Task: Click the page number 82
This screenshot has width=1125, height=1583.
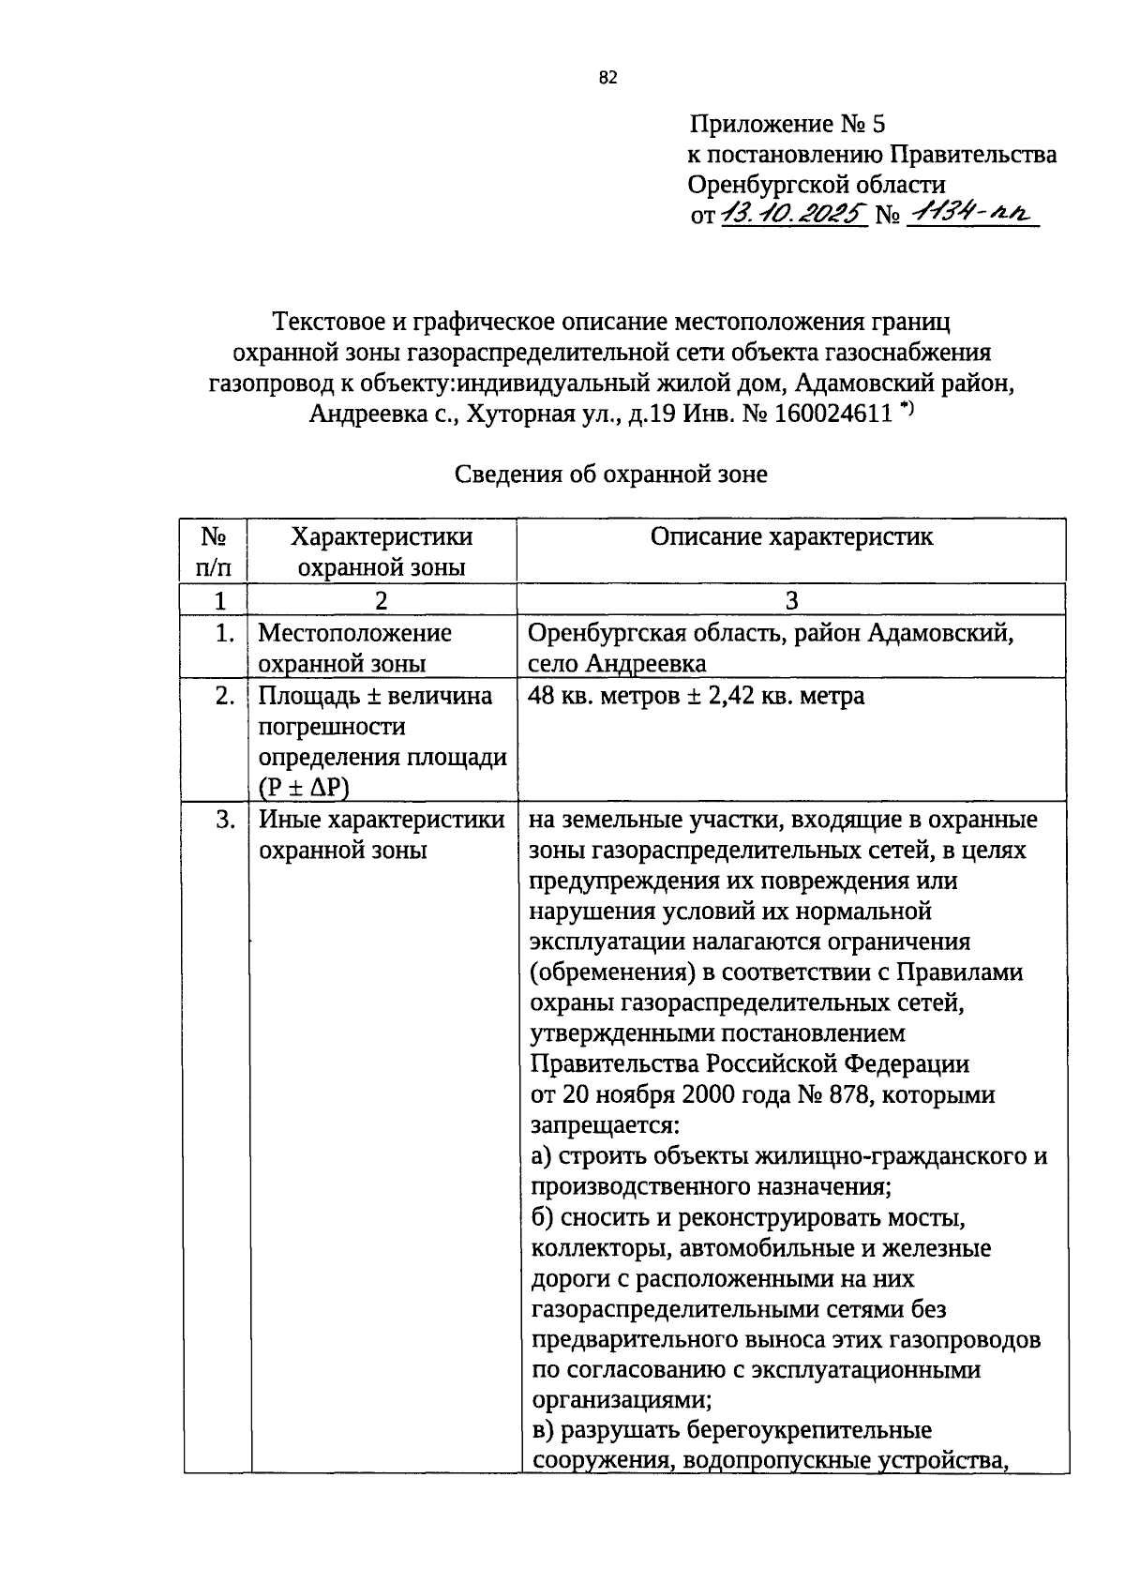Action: pyautogui.click(x=607, y=79)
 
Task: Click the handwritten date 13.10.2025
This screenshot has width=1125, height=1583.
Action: pyautogui.click(x=793, y=215)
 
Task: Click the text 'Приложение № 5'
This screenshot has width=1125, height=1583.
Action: pyautogui.click(x=787, y=124)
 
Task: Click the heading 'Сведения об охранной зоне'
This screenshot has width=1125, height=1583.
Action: pyautogui.click(x=611, y=475)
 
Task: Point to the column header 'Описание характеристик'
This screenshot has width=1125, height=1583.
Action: pyautogui.click(x=791, y=536)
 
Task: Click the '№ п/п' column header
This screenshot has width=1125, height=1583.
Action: pyautogui.click(x=215, y=551)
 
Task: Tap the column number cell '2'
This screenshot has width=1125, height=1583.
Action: pyautogui.click(x=382, y=601)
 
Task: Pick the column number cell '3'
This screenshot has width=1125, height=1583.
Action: pyautogui.click(x=791, y=601)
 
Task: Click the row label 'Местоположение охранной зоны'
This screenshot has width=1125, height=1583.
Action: pyautogui.click(x=354, y=648)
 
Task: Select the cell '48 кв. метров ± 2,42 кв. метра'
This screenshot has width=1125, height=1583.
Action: pyautogui.click(x=696, y=697)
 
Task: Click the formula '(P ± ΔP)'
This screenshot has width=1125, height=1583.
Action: pyautogui.click(x=303, y=788)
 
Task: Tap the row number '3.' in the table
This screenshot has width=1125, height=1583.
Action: pyautogui.click(x=224, y=820)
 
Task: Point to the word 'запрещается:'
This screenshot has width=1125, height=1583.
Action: pyautogui.click(x=604, y=1125)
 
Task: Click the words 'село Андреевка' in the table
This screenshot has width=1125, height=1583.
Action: pyautogui.click(x=617, y=664)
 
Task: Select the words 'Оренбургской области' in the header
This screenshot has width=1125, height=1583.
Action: pyautogui.click(x=816, y=185)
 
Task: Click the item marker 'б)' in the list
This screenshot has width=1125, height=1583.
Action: pyautogui.click(x=544, y=1218)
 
